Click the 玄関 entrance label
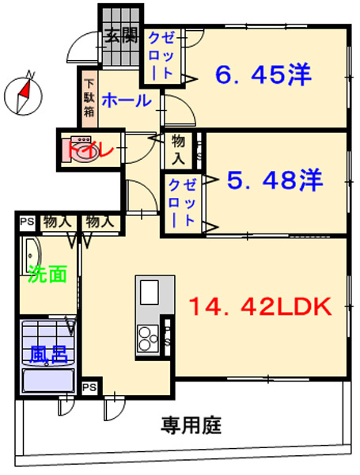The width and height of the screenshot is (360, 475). coord(121,36)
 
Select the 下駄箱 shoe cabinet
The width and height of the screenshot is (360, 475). coord(89,99)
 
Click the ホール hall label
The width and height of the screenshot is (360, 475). coord(127,101)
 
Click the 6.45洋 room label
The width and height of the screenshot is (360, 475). coord(263,74)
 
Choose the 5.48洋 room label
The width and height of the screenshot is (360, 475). coord(275,180)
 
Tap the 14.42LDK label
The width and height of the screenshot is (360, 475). coord(260,307)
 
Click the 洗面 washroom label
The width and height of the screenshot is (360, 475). coord(47,274)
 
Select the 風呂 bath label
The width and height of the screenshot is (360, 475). coord(48,355)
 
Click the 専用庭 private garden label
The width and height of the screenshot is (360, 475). coord(191,425)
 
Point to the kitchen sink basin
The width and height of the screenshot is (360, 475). coord(149,292)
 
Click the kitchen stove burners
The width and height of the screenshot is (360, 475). coord(148,338)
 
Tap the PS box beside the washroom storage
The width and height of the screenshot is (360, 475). coord(27,222)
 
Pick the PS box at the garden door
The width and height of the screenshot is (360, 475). coord(89,387)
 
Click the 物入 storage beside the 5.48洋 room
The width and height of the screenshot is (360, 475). coord(178,150)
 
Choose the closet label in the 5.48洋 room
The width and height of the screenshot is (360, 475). coord(182,203)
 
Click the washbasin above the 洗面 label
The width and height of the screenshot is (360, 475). coord(31,256)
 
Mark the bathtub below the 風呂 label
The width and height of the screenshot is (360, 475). coord(48,380)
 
